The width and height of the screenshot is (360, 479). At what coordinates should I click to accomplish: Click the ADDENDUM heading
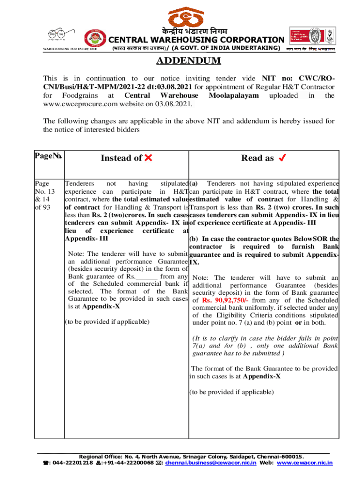[188, 61]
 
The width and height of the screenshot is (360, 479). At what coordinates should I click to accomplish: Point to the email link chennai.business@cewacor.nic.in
[220, 463]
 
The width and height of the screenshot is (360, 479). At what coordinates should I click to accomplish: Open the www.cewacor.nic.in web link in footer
[304, 463]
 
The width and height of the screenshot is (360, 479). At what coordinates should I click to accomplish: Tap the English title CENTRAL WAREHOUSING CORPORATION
[196, 40]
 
